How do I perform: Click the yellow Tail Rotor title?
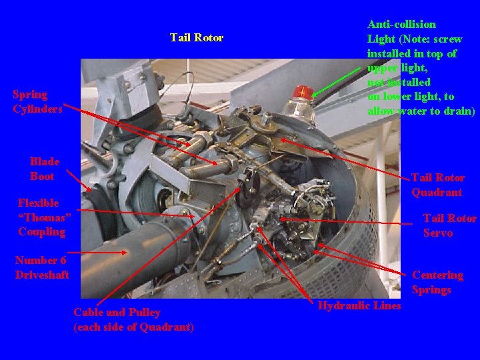(197, 37)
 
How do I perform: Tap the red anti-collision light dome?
(302, 92)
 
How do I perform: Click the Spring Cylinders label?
(37, 101)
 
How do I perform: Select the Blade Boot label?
(44, 169)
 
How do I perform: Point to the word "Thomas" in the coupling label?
(45, 217)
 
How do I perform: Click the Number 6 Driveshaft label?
(42, 267)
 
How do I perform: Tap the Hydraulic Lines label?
(359, 305)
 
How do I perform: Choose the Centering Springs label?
(437, 282)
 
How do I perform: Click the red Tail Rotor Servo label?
(450, 225)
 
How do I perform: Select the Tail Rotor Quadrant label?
(437, 185)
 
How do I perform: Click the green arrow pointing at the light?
(336, 82)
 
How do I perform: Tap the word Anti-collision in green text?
(401, 24)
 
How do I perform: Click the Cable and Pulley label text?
(117, 312)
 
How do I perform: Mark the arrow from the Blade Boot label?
(79, 181)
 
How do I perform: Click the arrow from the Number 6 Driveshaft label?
(97, 253)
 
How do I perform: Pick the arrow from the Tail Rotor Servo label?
(346, 221)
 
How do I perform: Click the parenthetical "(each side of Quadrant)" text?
(133, 327)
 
